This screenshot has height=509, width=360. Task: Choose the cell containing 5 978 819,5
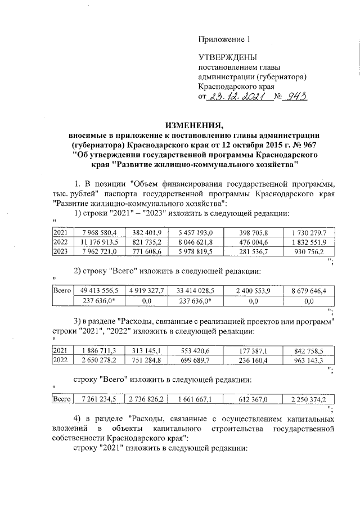pos(193,251)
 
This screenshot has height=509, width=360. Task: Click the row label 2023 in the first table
pos(60,251)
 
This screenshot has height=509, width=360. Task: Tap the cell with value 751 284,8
pos(147,359)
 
